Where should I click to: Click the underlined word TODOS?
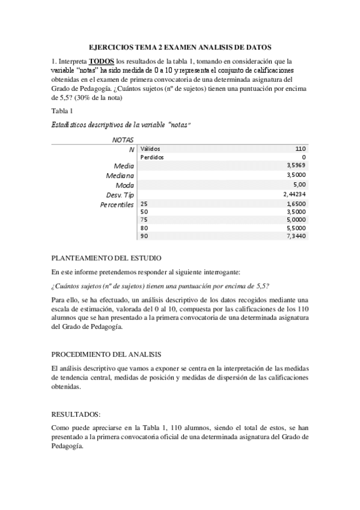[101, 61]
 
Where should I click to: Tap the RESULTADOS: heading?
[75, 414]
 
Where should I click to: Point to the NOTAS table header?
[123, 139]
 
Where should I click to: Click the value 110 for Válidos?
[301, 148]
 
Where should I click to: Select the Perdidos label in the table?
[151, 156]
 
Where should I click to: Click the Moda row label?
[125, 185]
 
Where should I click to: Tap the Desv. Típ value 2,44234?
[295, 194]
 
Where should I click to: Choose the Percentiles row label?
[117, 204]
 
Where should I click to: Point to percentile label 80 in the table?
[144, 229]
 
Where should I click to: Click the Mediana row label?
[120, 175]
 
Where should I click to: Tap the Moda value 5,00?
[299, 185]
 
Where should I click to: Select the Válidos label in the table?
[150, 148]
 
